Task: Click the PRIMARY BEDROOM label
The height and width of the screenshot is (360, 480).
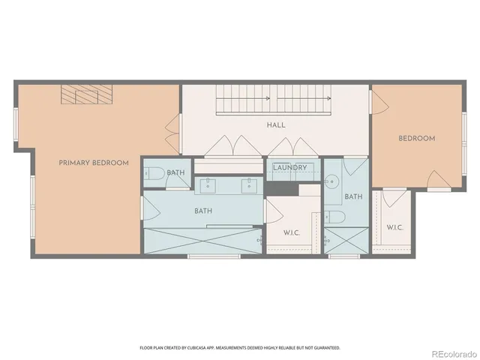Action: click(x=94, y=163)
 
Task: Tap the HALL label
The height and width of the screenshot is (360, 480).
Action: click(x=275, y=125)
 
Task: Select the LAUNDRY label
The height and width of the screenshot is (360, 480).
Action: click(x=290, y=167)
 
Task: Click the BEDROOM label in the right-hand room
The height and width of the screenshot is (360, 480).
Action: click(x=417, y=139)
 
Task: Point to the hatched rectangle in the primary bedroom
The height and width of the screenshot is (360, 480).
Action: click(x=86, y=95)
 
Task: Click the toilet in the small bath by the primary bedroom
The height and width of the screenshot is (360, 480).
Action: click(x=154, y=174)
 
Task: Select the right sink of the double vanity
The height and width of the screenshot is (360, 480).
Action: click(x=247, y=183)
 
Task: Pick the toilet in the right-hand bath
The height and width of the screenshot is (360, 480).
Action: click(x=337, y=217)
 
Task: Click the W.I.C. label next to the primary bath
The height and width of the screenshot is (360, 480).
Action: click(x=292, y=232)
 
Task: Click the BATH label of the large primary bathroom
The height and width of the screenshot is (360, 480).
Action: click(x=202, y=211)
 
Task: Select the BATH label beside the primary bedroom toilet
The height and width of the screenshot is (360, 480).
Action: click(x=176, y=173)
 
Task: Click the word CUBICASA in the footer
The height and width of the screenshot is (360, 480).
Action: click(x=199, y=348)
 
